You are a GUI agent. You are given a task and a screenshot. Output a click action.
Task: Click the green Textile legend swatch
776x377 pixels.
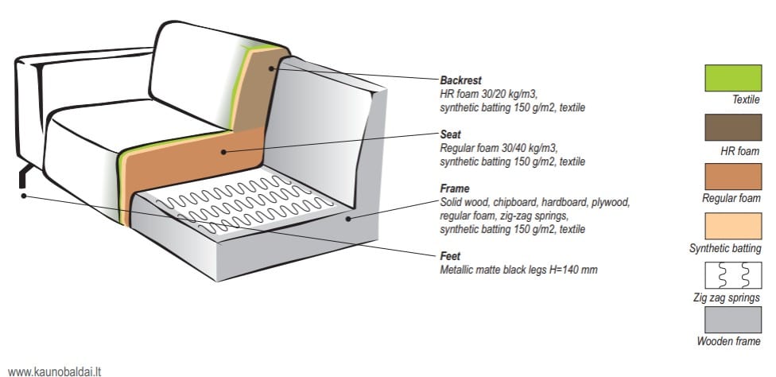pyautogui.click(x=733, y=78)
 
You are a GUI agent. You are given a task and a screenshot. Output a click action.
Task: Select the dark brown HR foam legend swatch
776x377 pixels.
pyautogui.click(x=733, y=127)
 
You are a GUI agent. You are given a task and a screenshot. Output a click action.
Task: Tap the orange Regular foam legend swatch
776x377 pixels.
pyautogui.click(x=733, y=177)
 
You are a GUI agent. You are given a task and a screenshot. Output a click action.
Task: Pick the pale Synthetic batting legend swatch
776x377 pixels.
pyautogui.click(x=733, y=226)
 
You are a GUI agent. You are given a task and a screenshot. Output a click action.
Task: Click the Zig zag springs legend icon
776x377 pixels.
pyautogui.click(x=733, y=275)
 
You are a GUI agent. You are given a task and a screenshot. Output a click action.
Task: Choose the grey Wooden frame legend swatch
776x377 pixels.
pyautogui.click(x=733, y=320)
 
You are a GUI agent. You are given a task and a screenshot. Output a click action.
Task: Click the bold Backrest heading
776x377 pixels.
pyautogui.click(x=460, y=80)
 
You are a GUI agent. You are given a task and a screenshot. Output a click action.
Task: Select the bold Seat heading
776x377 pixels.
pyautogui.click(x=450, y=134)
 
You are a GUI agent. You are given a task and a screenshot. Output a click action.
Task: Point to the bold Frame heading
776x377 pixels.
pyautogui.click(x=454, y=189)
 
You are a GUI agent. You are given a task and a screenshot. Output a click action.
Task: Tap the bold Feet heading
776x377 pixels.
pyautogui.click(x=450, y=256)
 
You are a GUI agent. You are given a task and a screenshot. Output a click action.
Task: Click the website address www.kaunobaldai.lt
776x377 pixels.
pyautogui.click(x=54, y=371)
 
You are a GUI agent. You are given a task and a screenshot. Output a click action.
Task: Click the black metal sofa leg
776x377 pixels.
pyautogui.click(x=25, y=177)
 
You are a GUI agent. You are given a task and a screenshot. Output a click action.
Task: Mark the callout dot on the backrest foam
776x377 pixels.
pyautogui.click(x=271, y=68)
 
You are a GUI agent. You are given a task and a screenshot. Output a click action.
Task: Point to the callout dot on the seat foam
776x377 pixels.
pyautogui.click(x=223, y=152)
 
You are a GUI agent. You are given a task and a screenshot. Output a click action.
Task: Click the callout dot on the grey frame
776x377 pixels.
pyautogui.click(x=348, y=218)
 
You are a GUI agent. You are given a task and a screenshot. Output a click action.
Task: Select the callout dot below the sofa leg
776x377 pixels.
pyautogui.click(x=23, y=196)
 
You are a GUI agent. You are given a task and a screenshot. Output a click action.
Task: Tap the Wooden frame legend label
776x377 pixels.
pyautogui.click(x=728, y=341)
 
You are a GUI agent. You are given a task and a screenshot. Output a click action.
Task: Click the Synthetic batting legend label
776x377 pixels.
pyautogui.click(x=725, y=249)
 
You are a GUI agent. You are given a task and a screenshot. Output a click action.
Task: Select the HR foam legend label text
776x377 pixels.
pyautogui.click(x=740, y=152)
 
